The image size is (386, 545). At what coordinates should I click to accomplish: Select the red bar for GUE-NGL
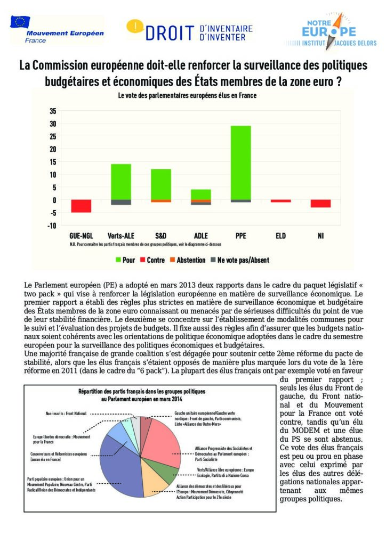coord(81,206)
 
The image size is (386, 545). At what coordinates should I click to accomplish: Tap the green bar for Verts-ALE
coord(121,181)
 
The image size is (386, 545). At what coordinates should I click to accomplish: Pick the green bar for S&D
coord(160,184)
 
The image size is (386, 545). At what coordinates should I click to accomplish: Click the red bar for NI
coord(320,203)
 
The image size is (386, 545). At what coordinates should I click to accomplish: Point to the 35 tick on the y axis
coord(52,111)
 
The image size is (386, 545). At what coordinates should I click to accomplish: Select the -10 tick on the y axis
coord(51,226)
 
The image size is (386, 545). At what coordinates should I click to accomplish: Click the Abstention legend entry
coord(187,260)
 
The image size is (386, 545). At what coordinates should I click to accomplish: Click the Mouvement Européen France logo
coord(57,30)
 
